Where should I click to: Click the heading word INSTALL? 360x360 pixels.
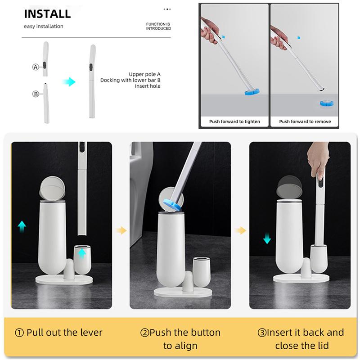point(47,13)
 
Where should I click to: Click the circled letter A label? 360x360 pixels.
point(36,67)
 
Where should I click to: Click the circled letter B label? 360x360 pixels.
point(36,94)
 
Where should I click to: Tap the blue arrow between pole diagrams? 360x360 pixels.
point(69,82)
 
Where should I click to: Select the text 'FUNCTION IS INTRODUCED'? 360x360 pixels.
point(158,26)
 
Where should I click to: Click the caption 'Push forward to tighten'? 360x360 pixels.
point(234,121)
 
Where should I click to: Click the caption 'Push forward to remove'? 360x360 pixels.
point(305,121)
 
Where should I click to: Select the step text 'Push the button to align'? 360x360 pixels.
point(180,339)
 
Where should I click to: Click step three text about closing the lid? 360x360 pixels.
point(300,339)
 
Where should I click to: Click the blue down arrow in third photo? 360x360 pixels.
point(267,237)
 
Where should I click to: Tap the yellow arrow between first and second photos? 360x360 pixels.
point(121,230)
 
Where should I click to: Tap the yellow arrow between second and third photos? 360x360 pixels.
point(240,230)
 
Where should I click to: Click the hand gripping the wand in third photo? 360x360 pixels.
point(317,162)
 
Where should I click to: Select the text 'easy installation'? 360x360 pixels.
point(43,26)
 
